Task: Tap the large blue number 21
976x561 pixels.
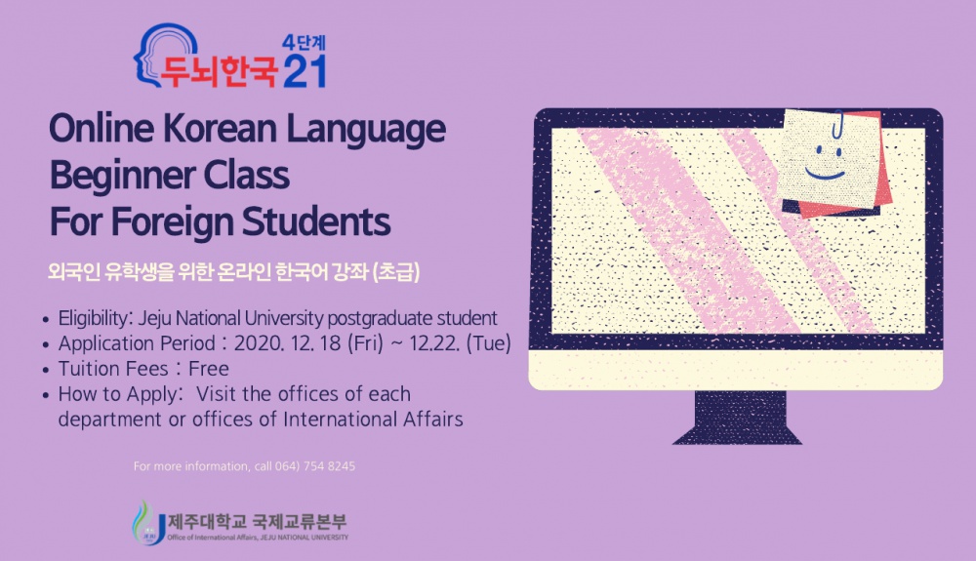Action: [304, 71]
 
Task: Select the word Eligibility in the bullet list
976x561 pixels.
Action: [96, 318]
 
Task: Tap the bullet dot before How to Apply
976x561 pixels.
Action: [47, 395]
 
